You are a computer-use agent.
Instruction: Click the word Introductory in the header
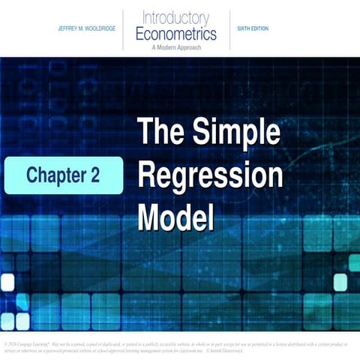click(x=177, y=17)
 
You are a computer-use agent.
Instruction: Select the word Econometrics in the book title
click(x=177, y=33)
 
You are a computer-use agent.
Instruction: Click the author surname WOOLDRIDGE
click(x=95, y=28)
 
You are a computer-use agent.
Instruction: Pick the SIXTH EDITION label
click(x=253, y=28)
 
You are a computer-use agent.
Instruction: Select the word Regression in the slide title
click(x=211, y=177)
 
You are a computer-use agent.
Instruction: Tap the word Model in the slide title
click(x=175, y=218)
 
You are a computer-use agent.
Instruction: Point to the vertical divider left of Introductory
click(x=124, y=29)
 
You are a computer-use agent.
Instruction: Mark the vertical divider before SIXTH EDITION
click(x=229, y=29)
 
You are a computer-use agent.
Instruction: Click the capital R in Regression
click(x=148, y=177)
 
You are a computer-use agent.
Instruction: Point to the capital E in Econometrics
click(x=141, y=33)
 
